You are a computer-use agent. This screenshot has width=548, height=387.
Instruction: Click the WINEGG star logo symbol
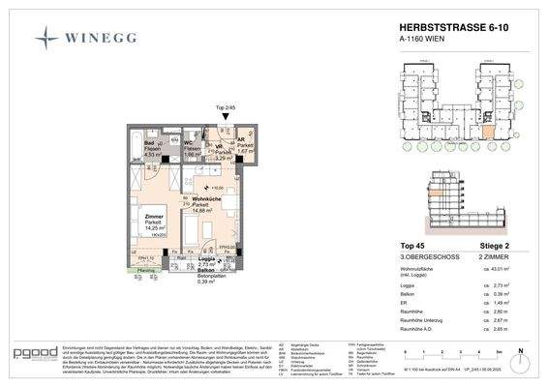pyautogui.click(x=46, y=38)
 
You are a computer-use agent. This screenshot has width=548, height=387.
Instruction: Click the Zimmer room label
pyautogui.click(x=153, y=218)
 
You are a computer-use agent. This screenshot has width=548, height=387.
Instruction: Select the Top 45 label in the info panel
pyautogui.click(x=413, y=246)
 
